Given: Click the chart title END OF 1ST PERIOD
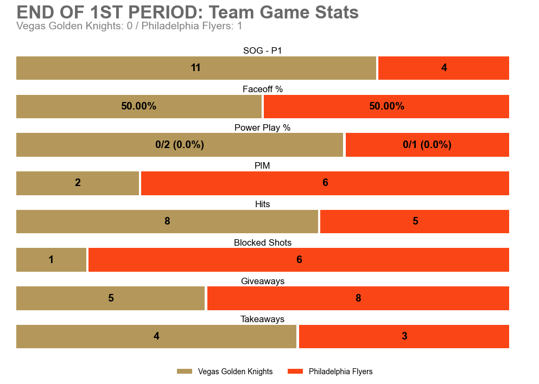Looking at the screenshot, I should click(x=187, y=12).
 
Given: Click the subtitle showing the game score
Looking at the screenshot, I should click(x=129, y=26).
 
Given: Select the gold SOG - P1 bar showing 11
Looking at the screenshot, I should click(x=196, y=68).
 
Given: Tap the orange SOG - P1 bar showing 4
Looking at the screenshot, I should click(x=443, y=68).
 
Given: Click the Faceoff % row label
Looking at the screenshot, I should click(x=263, y=89).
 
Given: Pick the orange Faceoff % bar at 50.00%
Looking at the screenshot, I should click(x=386, y=106).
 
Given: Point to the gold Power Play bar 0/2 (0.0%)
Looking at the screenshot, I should click(x=180, y=145).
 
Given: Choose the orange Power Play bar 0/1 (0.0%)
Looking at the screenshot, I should click(x=427, y=145).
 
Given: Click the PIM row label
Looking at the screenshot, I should click(x=262, y=165).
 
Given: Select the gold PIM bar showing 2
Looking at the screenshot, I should click(x=78, y=183).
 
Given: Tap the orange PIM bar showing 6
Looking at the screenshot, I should click(x=325, y=183).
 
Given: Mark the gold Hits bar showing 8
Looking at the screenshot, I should click(x=167, y=221).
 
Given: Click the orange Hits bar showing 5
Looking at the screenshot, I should click(x=415, y=221).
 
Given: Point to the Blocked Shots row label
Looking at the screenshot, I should click(x=263, y=242).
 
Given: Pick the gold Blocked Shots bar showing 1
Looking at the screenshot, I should click(x=51, y=260).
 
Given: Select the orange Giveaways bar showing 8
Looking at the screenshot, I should click(x=358, y=298).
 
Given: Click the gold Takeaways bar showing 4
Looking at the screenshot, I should click(x=156, y=336).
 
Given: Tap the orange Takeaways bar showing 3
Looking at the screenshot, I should click(x=404, y=336).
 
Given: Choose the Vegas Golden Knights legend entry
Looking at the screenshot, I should click(x=225, y=372).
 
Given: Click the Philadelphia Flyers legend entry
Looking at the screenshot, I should click(x=330, y=372).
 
